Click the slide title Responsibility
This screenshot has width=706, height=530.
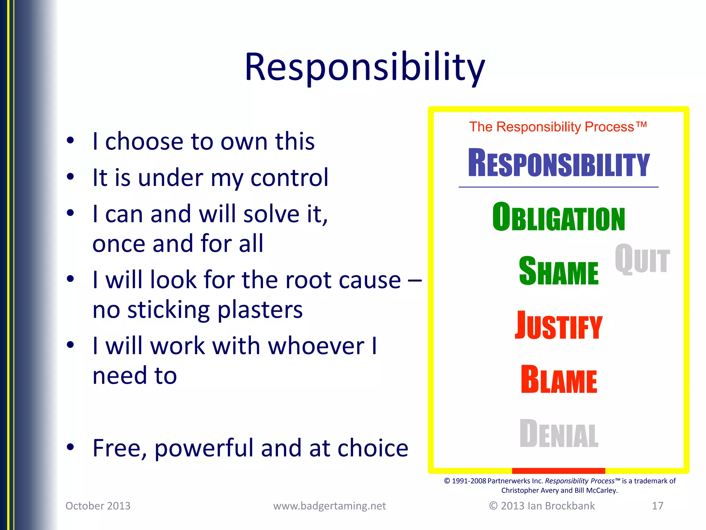point(365,67)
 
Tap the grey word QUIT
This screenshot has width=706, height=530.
point(642,259)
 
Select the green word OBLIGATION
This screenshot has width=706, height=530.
point(558,217)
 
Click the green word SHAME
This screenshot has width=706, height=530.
point(558,272)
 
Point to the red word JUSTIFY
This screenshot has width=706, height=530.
point(558,326)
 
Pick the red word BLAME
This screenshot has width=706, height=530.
point(558,380)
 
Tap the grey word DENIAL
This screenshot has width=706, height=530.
point(558,434)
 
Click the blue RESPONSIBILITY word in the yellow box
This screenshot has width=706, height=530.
point(558,163)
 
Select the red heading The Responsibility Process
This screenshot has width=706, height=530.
point(558,127)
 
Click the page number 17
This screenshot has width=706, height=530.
point(657,506)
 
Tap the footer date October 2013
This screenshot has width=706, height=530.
point(98,506)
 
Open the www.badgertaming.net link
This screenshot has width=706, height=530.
point(330,506)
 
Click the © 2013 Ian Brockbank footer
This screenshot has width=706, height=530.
point(542,506)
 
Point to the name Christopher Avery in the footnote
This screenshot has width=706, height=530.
point(529,490)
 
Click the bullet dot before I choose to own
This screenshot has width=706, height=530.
point(70,140)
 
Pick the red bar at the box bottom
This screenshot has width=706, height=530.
point(558,471)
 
